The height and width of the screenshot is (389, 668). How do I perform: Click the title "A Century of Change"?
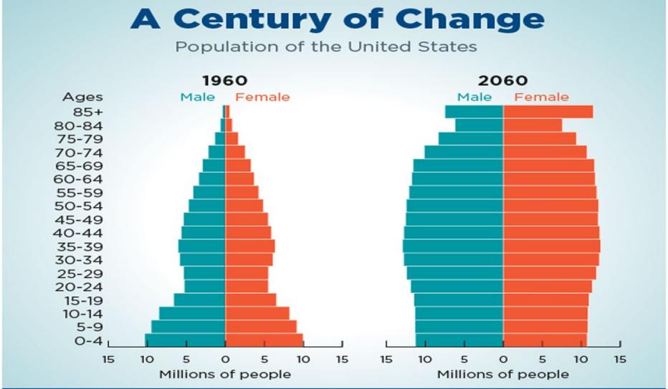click(336, 20)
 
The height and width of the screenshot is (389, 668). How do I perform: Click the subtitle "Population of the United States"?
click(326, 48)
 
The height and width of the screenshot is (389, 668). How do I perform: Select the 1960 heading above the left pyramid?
click(224, 80)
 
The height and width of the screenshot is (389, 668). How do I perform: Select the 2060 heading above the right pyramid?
click(504, 80)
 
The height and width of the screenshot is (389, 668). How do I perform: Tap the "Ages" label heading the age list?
click(82, 97)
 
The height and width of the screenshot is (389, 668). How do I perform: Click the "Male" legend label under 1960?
click(197, 97)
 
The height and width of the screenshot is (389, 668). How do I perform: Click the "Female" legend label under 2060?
click(541, 97)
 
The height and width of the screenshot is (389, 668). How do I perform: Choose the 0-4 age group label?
click(89, 341)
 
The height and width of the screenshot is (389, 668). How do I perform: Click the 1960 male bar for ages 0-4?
click(185, 340)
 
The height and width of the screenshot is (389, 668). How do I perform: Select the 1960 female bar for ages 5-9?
click(261, 327)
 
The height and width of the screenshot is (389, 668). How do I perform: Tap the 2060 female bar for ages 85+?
click(548, 112)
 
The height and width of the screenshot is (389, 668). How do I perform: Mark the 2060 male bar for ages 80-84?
click(479, 125)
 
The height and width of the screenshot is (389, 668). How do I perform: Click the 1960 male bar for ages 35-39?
click(201, 246)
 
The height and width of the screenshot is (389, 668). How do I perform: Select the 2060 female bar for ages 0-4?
click(545, 340)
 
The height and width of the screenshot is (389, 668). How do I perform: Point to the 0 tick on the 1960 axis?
click(225, 359)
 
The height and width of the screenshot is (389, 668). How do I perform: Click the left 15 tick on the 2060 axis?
click(386, 359)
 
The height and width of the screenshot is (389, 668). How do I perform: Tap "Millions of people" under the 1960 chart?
click(225, 374)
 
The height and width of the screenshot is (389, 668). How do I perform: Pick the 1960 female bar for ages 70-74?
click(235, 152)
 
